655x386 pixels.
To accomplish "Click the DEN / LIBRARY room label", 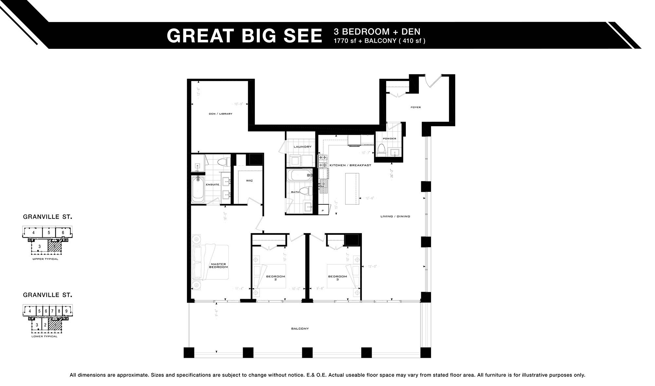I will tap(220, 114).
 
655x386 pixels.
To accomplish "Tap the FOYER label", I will tap(415, 107).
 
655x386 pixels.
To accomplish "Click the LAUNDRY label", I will tap(302, 147).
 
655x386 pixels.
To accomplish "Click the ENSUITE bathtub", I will tap(198, 190).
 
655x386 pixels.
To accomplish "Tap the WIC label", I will tap(249, 181).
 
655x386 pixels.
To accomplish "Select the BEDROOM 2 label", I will tap(275, 278).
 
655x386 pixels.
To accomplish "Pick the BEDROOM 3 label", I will tap(337, 278).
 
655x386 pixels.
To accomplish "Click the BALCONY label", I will tap(300, 328).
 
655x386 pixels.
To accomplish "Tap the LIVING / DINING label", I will tap(395, 216).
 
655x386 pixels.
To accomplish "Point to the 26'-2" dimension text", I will tap(392, 173).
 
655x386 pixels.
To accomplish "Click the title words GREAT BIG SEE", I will tap(244, 36).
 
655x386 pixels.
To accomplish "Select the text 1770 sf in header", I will tap(346, 41).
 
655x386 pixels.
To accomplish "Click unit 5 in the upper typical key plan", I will tap(49, 233).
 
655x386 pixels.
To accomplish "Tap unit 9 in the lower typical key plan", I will tap(66, 311).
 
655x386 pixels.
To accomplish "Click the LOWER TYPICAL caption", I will tap(44, 336).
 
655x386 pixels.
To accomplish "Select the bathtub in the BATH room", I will tap(299, 175).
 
